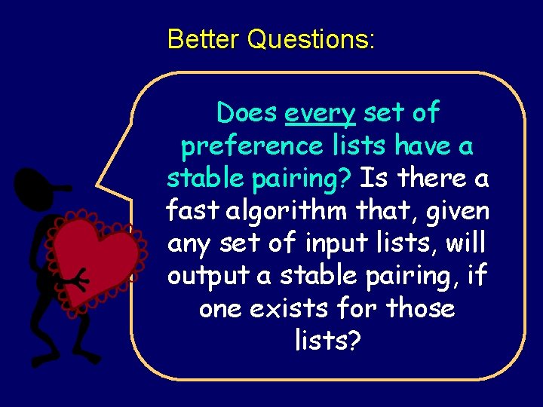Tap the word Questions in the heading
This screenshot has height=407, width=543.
310,38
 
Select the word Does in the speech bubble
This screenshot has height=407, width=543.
247,113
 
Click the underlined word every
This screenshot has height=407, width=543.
320,113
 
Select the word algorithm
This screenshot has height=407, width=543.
295,211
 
